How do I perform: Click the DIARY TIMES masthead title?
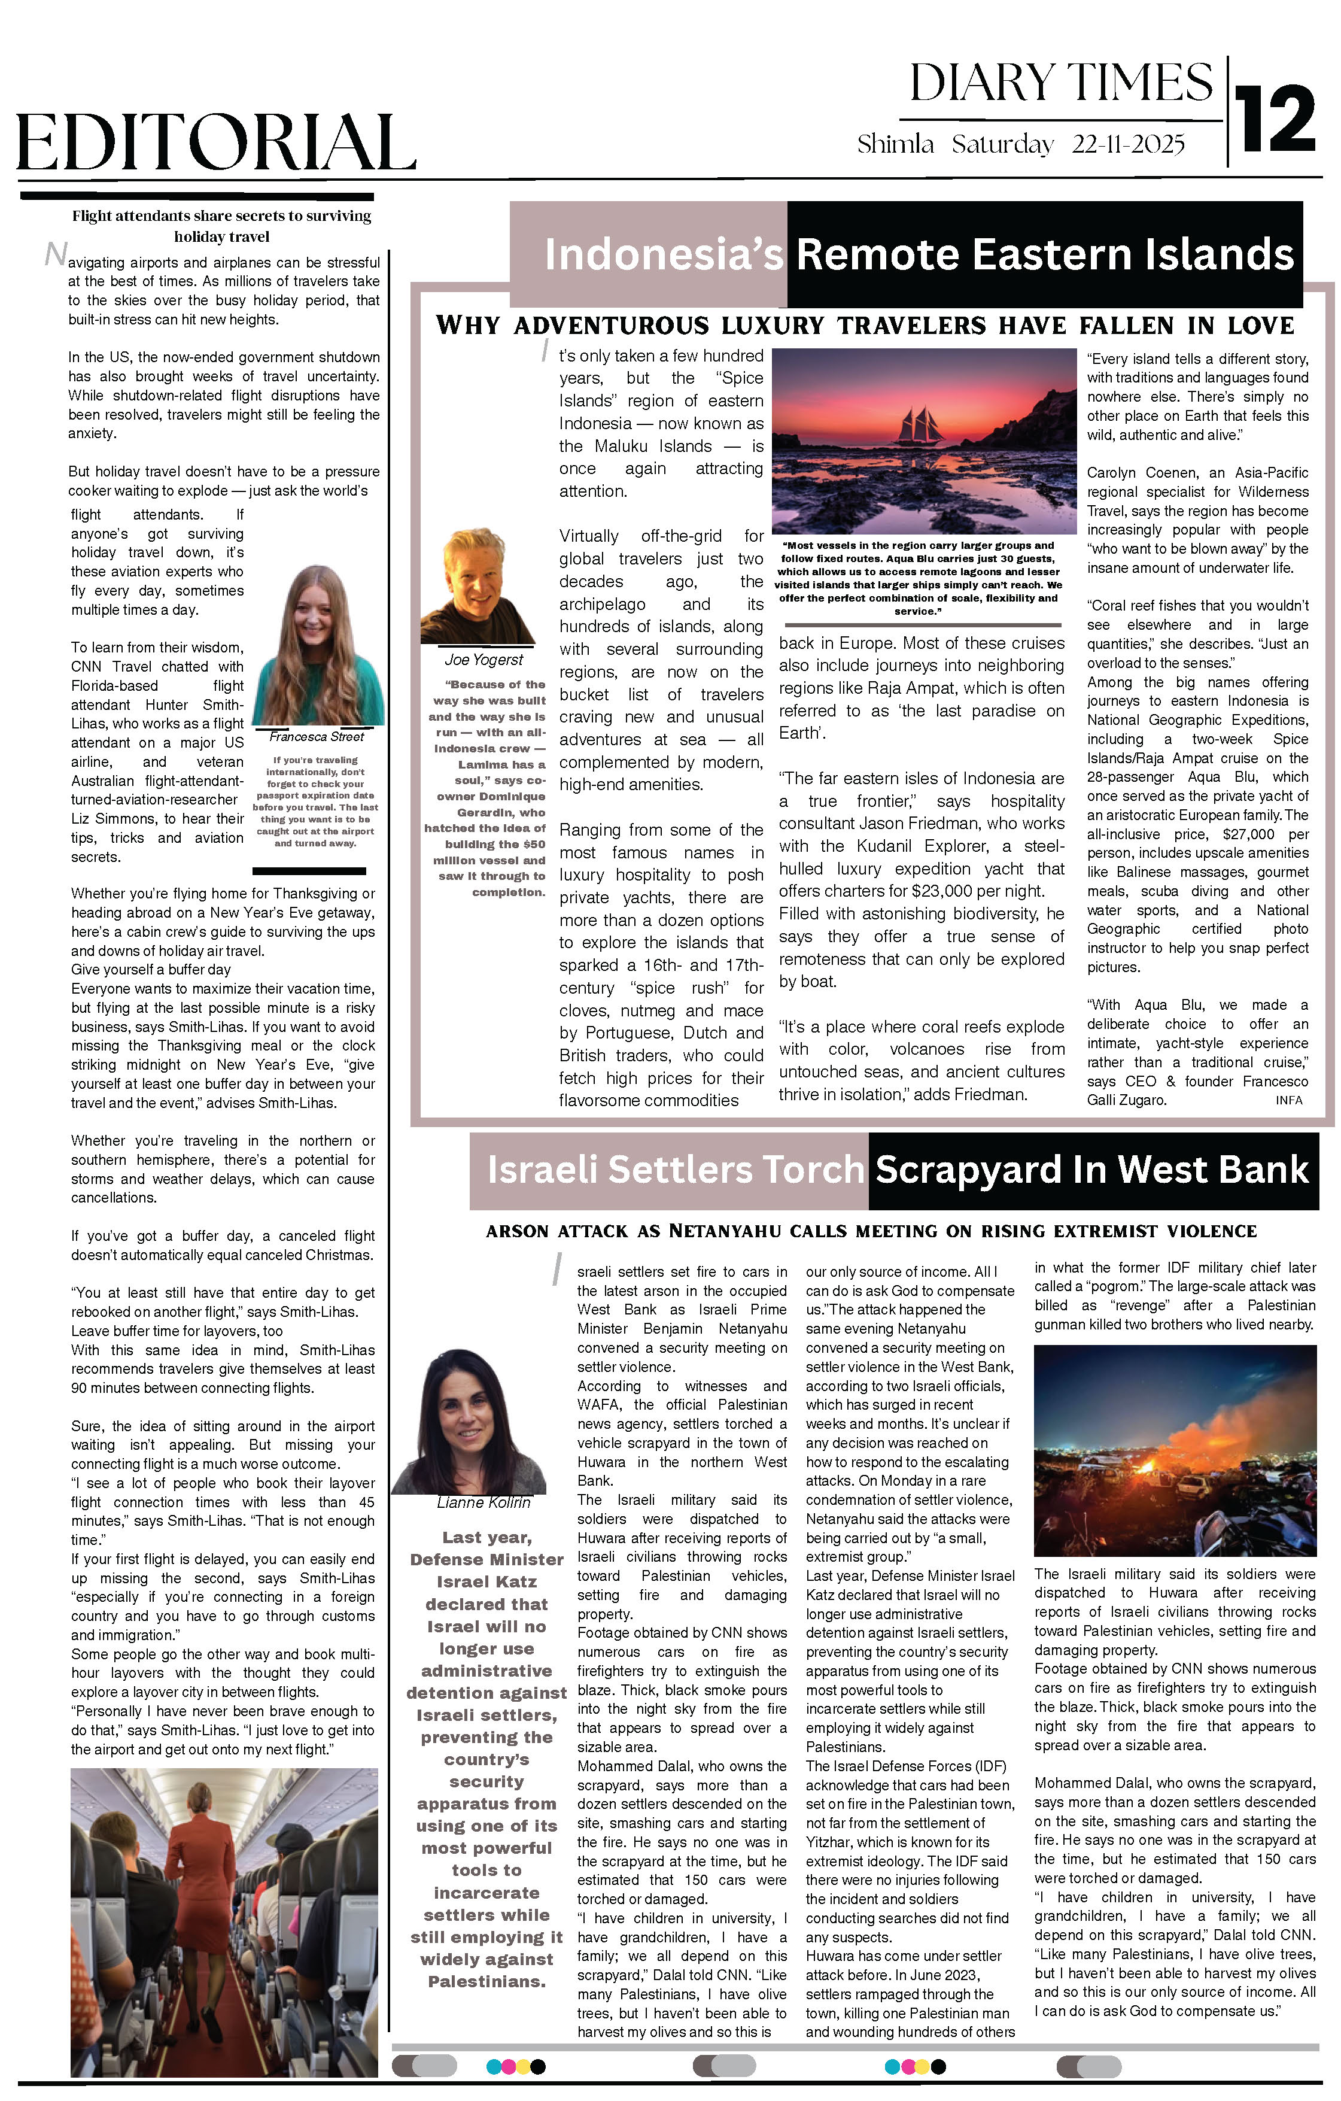[1060, 84]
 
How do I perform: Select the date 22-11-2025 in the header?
[1128, 144]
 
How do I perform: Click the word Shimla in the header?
[895, 144]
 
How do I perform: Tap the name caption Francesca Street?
[316, 736]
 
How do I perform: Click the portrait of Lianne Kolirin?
[468, 1423]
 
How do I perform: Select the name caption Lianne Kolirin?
[484, 1502]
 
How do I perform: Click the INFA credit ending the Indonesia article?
[1289, 1100]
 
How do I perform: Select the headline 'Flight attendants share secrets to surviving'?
[221, 215]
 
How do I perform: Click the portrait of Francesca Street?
[318, 646]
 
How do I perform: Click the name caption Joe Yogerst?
[484, 660]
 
